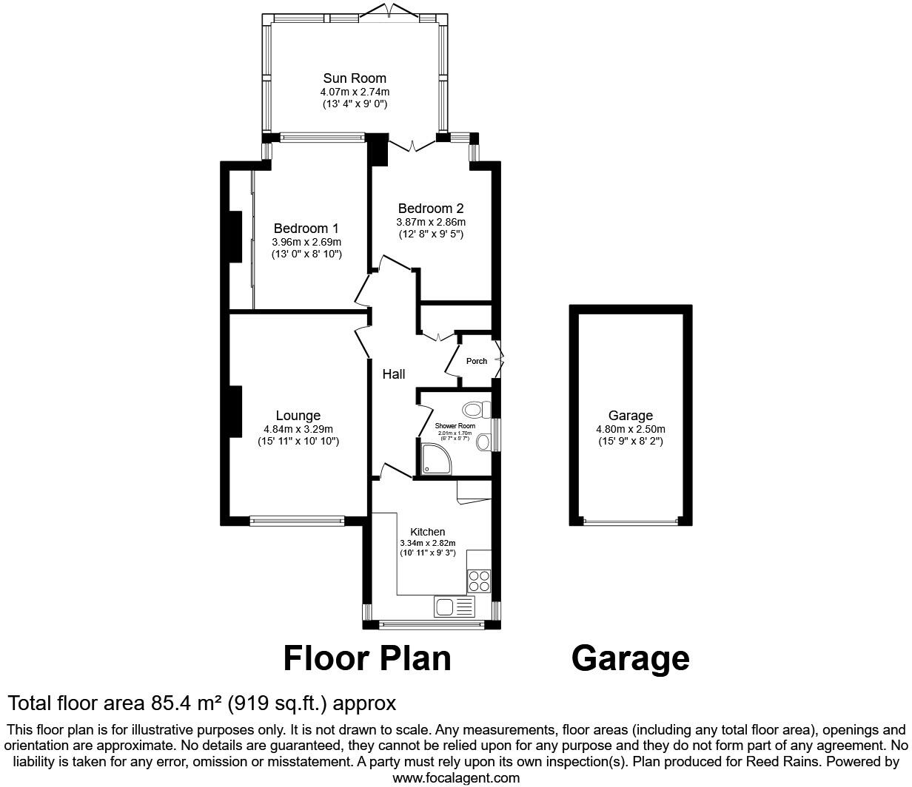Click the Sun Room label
tap(355, 78)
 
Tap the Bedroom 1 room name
tap(306, 229)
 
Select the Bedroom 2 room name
tap(431, 209)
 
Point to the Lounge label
tap(298, 416)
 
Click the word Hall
tap(393, 374)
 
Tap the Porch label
tap(477, 362)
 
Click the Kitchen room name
tap(427, 532)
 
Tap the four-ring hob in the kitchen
tap(478, 580)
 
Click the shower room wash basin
tap(483, 442)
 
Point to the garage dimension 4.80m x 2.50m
tap(630, 429)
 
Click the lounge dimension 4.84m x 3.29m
tap(298, 429)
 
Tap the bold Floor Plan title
tap(367, 658)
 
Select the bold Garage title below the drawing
tap(630, 658)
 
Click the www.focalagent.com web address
tap(455, 777)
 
